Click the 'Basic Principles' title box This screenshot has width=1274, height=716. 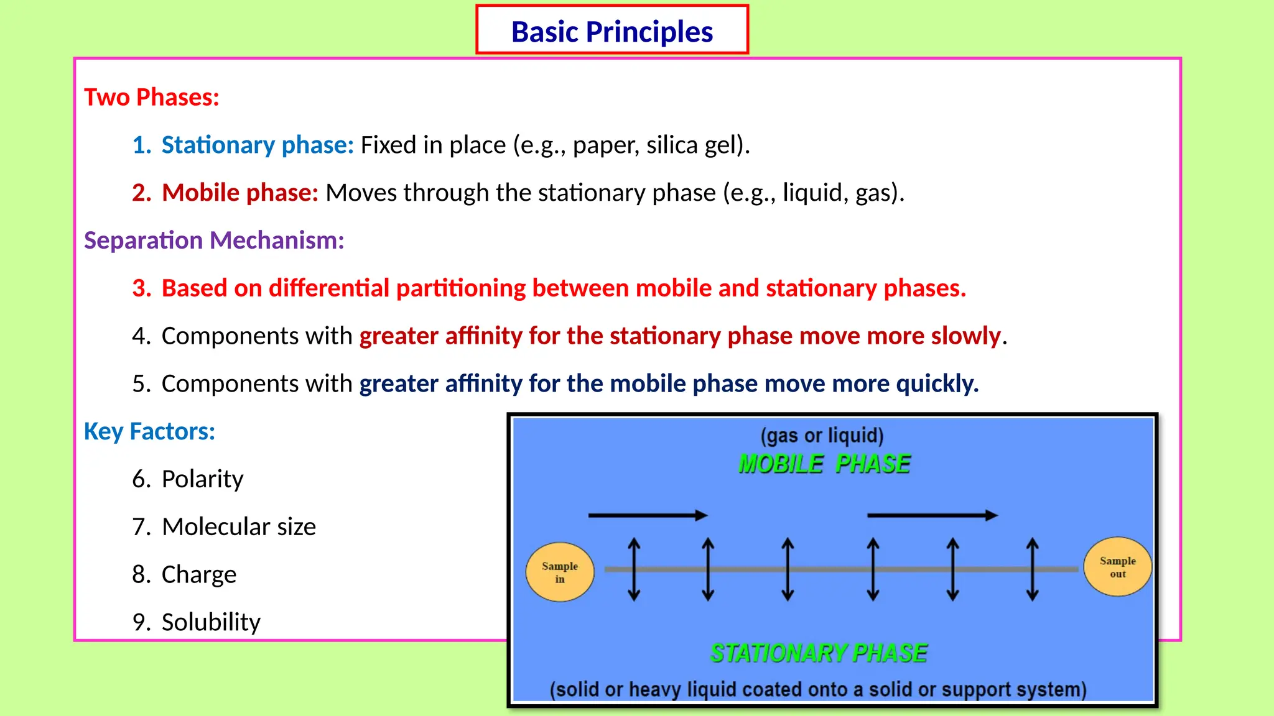point(612,30)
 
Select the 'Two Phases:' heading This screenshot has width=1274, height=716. point(152,98)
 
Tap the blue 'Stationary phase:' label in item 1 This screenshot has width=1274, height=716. point(258,145)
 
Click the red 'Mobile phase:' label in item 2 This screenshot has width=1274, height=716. point(240,193)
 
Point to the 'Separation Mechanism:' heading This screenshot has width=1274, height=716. point(214,241)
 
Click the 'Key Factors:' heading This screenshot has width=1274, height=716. point(149,431)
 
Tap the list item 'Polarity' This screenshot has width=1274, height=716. point(202,479)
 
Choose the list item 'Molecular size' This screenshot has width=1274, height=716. point(238,527)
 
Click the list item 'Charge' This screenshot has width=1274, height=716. point(198,574)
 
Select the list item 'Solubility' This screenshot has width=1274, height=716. point(211,622)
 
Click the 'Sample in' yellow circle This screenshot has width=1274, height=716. point(560,572)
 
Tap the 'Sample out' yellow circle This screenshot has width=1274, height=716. point(1117,567)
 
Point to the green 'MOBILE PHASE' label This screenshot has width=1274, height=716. point(824,464)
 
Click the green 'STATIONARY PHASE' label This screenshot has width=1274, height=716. point(819,653)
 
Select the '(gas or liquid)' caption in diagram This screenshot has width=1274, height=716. point(822,435)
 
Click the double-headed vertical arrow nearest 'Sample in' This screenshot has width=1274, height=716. point(634,569)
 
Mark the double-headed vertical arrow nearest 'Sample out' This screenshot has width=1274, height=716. point(1032,569)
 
